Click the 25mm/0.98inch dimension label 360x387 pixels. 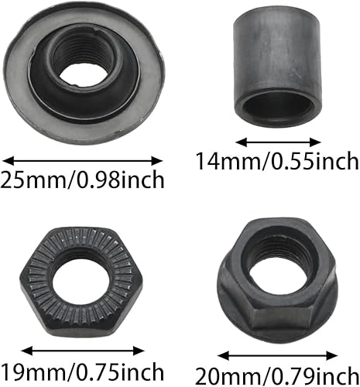(x=82, y=180)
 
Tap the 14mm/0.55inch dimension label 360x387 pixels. (x=277, y=161)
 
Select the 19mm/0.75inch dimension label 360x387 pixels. (x=82, y=372)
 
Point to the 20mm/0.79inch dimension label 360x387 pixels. (x=277, y=375)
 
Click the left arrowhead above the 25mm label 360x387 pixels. (x=9, y=161)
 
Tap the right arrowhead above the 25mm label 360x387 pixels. (x=156, y=161)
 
